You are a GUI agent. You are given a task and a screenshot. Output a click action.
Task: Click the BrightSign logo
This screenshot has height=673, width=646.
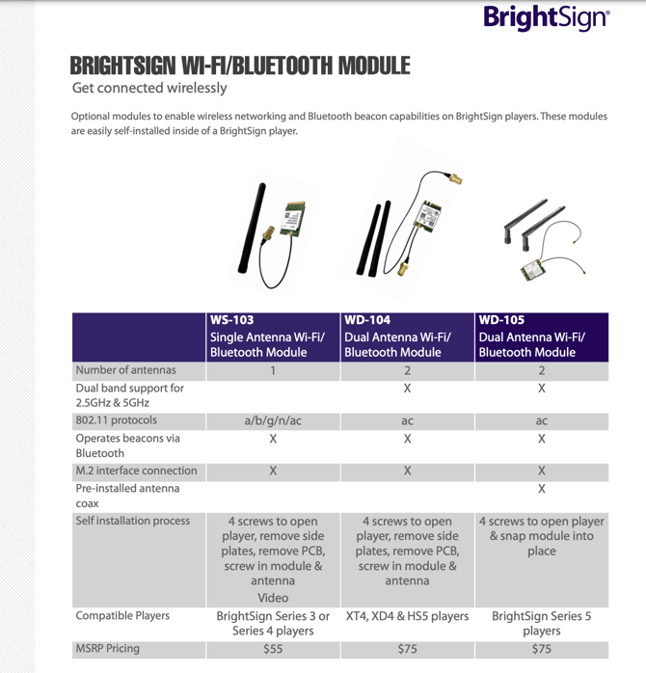[x=546, y=17]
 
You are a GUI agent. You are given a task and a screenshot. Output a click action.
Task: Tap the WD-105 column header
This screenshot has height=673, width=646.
[x=541, y=336]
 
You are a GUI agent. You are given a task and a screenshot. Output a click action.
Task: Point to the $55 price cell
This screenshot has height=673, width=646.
[x=273, y=649]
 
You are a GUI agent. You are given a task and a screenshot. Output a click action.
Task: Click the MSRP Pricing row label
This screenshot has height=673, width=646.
[x=108, y=649]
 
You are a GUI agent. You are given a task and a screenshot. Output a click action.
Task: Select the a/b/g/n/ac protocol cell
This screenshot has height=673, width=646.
[x=273, y=421]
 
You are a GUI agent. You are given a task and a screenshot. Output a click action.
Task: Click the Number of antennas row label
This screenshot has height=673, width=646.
[x=126, y=370]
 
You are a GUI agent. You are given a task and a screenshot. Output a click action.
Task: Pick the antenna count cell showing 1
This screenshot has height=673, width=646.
[x=273, y=370]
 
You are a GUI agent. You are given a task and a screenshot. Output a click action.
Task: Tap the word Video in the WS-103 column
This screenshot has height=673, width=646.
[x=273, y=598]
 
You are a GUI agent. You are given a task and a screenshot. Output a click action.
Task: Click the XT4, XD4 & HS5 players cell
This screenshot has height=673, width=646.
[x=407, y=616]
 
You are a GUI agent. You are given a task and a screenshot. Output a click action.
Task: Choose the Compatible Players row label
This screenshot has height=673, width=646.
[x=122, y=616]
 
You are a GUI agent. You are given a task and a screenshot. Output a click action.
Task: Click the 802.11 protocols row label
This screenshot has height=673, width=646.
[x=116, y=421]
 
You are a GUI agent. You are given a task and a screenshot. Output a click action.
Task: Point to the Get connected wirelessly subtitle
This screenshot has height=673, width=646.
[x=149, y=88]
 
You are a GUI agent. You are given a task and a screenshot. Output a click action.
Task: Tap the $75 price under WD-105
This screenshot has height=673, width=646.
[x=541, y=649]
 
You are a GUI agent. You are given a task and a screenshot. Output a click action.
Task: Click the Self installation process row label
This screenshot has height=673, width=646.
[x=133, y=522]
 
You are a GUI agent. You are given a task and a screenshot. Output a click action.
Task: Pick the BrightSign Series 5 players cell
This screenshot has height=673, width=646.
[x=541, y=623]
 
